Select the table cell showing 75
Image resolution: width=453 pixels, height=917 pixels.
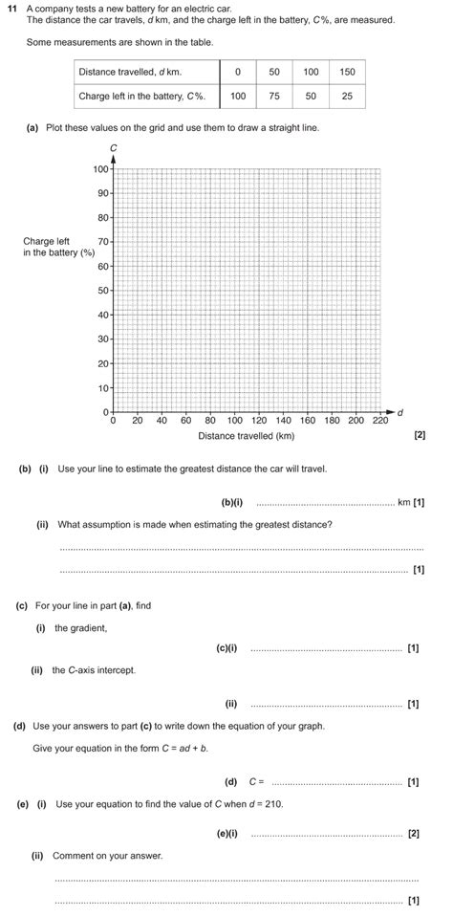pyautogui.click(x=274, y=97)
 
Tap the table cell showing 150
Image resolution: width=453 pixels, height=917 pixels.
pyautogui.click(x=347, y=72)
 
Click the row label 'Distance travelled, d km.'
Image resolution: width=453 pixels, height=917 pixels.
pyautogui.click(x=130, y=72)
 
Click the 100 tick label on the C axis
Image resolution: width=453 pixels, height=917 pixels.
pyautogui.click(x=100, y=169)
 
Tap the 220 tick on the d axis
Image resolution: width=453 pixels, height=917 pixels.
pyautogui.click(x=379, y=420)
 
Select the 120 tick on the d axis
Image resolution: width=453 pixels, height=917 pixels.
pyautogui.click(x=259, y=420)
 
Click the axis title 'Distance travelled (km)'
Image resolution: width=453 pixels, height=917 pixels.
pyautogui.click(x=246, y=436)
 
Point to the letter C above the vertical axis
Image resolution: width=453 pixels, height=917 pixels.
pyautogui.click(x=113, y=147)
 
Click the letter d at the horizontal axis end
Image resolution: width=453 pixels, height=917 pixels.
pyautogui.click(x=399, y=412)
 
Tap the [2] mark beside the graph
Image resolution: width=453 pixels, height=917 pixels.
pyautogui.click(x=419, y=436)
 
